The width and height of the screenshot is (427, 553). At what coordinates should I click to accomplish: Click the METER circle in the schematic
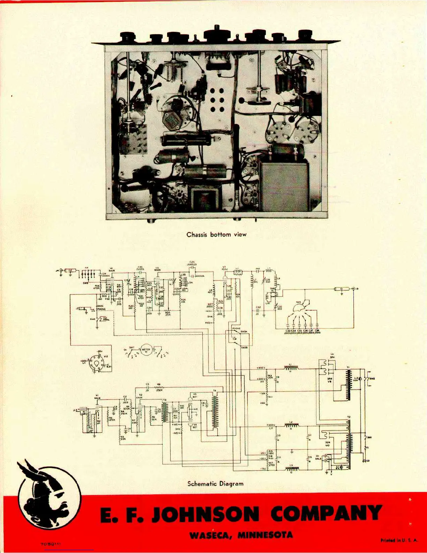pos(146,350)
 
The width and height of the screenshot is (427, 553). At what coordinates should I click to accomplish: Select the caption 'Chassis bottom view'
pos(216,235)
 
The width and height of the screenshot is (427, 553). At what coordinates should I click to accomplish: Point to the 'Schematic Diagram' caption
pos(215,484)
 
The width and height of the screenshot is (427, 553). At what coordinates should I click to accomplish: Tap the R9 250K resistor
pos(159,388)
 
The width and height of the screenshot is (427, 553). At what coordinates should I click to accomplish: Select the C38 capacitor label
pos(317,330)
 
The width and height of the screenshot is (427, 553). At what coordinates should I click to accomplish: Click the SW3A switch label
pos(244,332)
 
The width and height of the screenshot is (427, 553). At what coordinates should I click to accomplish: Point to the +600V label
pos(261,368)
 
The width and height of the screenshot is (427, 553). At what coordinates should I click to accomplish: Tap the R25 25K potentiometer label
pos(168,314)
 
